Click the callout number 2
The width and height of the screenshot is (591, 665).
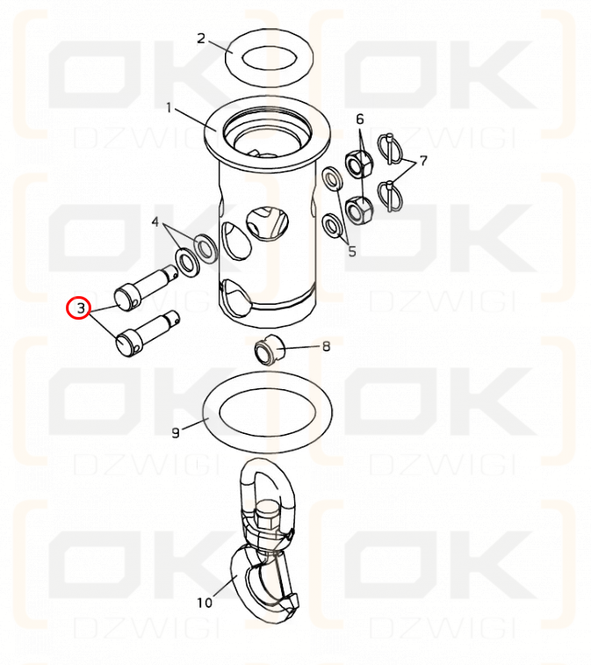click(x=201, y=39)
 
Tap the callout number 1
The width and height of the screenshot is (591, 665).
click(x=169, y=108)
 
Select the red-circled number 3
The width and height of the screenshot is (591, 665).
click(x=81, y=308)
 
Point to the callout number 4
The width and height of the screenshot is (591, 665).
click(x=155, y=221)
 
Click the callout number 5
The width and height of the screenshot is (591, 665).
click(x=352, y=251)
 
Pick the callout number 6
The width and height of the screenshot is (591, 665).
click(x=360, y=119)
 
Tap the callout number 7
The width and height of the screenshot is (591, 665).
click(x=423, y=160)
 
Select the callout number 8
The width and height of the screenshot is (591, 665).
click(x=326, y=346)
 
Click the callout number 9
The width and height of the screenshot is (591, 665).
click(x=176, y=433)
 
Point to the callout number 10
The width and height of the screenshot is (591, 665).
click(x=205, y=603)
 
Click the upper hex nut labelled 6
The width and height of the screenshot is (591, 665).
click(x=359, y=163)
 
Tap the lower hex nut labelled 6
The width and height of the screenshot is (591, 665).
click(x=359, y=210)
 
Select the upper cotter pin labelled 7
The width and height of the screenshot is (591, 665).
click(x=391, y=147)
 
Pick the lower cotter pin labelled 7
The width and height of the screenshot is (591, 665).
click(x=389, y=193)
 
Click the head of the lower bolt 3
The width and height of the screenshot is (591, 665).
click(x=126, y=344)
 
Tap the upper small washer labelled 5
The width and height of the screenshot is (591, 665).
click(x=333, y=178)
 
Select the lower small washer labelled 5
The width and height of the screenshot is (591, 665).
click(x=332, y=225)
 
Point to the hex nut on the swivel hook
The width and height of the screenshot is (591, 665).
click(x=267, y=514)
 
